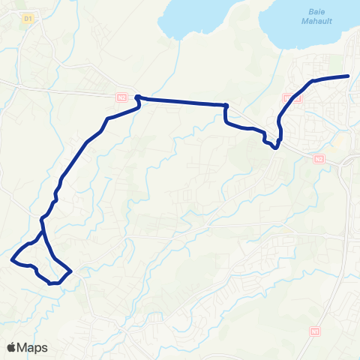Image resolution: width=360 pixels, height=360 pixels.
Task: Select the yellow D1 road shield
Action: click(x=28, y=17)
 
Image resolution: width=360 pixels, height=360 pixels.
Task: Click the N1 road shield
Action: click(x=314, y=330)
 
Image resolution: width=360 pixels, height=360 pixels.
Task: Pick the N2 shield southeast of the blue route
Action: click(x=319, y=158)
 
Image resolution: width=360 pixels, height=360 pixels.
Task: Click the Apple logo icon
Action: click(x=12, y=347)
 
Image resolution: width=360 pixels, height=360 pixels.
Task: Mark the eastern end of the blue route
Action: click(x=349, y=76)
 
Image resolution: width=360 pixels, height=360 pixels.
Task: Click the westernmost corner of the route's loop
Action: click(x=13, y=259)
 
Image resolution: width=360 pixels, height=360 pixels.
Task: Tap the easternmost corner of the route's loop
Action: click(x=71, y=271)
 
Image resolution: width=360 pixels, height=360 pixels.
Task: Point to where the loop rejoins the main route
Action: click(x=43, y=233)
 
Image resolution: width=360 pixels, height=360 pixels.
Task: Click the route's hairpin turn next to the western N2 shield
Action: click(x=137, y=97)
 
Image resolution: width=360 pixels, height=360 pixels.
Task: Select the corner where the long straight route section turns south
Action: click(x=226, y=105)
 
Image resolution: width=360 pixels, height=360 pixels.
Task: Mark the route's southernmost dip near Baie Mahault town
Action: click(x=275, y=148)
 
